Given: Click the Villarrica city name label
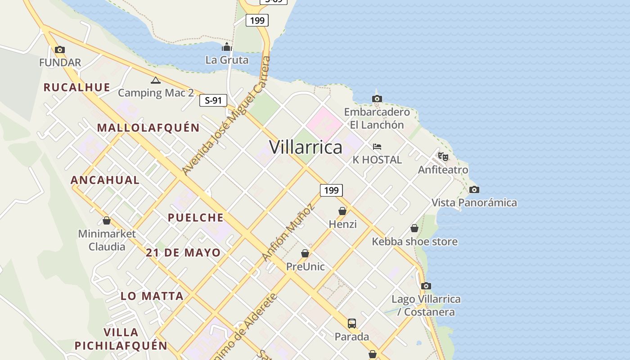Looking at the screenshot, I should pyautogui.click(x=306, y=147).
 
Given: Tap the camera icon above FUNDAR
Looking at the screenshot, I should pyautogui.click(x=59, y=49).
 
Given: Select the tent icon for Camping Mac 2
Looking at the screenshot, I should pyautogui.click(x=156, y=81).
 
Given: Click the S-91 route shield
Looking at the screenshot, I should pyautogui.click(x=213, y=100).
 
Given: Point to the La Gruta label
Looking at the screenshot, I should pyautogui.click(x=227, y=59).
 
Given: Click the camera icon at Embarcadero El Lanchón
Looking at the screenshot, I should pyautogui.click(x=377, y=99).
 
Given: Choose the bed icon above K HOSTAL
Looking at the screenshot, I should pyautogui.click(x=377, y=147).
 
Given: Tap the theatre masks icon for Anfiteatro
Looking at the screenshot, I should pyautogui.click(x=443, y=157).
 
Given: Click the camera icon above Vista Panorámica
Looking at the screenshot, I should pyautogui.click(x=474, y=189).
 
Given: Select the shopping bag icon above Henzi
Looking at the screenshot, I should pyautogui.click(x=342, y=211).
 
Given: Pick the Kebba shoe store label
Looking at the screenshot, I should pyautogui.click(x=414, y=242).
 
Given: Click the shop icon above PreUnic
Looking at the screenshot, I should pyautogui.click(x=305, y=253).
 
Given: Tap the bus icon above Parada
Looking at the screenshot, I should pyautogui.click(x=352, y=323).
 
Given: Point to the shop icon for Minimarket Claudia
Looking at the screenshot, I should pyautogui.click(x=107, y=220).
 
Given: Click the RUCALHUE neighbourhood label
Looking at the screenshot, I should pyautogui.click(x=76, y=87).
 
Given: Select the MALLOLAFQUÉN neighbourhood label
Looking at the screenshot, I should pyautogui.click(x=148, y=128).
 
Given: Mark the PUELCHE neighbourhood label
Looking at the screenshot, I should pyautogui.click(x=195, y=218).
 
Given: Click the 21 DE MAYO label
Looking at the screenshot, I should pyautogui.click(x=183, y=252).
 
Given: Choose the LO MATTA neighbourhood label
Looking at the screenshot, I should pyautogui.click(x=152, y=296).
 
